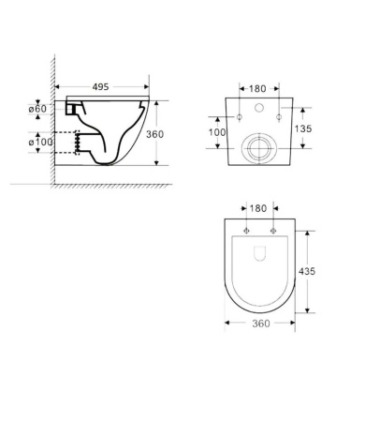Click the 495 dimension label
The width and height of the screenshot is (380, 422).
(100, 86)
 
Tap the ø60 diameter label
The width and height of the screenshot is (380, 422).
(37, 109)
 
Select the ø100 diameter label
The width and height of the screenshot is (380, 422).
(40, 143)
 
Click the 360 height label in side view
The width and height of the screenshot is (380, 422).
(154, 134)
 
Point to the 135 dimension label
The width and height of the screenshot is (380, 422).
(303, 128)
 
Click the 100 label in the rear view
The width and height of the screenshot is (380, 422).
(217, 132)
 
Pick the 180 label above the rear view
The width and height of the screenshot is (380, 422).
(257, 89)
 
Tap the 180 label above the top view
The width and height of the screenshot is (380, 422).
(258, 208)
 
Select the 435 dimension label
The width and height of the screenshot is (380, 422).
(307, 271)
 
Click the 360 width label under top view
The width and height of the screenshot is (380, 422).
(261, 324)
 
